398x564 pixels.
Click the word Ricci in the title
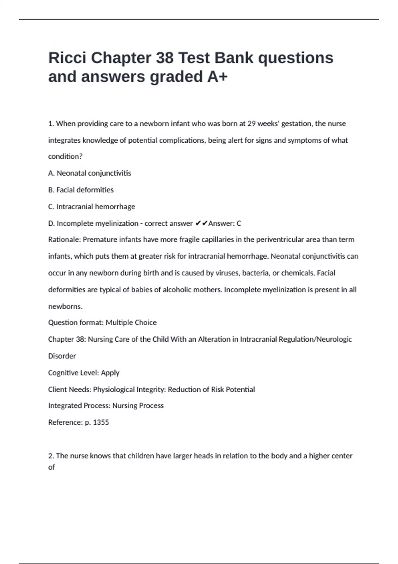click(67, 58)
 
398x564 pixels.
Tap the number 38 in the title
click(165, 58)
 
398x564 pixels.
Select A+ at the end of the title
click(218, 77)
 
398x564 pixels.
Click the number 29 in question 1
click(251, 124)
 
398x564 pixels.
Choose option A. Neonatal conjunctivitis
click(90, 173)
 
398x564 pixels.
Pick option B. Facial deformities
click(81, 190)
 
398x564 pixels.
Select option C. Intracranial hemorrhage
click(92, 207)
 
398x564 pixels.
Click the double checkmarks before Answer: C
click(201, 224)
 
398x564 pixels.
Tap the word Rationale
click(64, 240)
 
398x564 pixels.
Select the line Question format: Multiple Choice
click(102, 322)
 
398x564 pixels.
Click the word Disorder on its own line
click(62, 356)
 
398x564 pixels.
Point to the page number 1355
click(101, 422)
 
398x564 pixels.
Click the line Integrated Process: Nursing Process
click(106, 406)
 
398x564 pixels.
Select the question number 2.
click(51, 456)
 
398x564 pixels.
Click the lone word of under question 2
click(51, 467)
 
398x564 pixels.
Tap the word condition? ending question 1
click(65, 157)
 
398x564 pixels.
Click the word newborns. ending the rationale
click(65, 307)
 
